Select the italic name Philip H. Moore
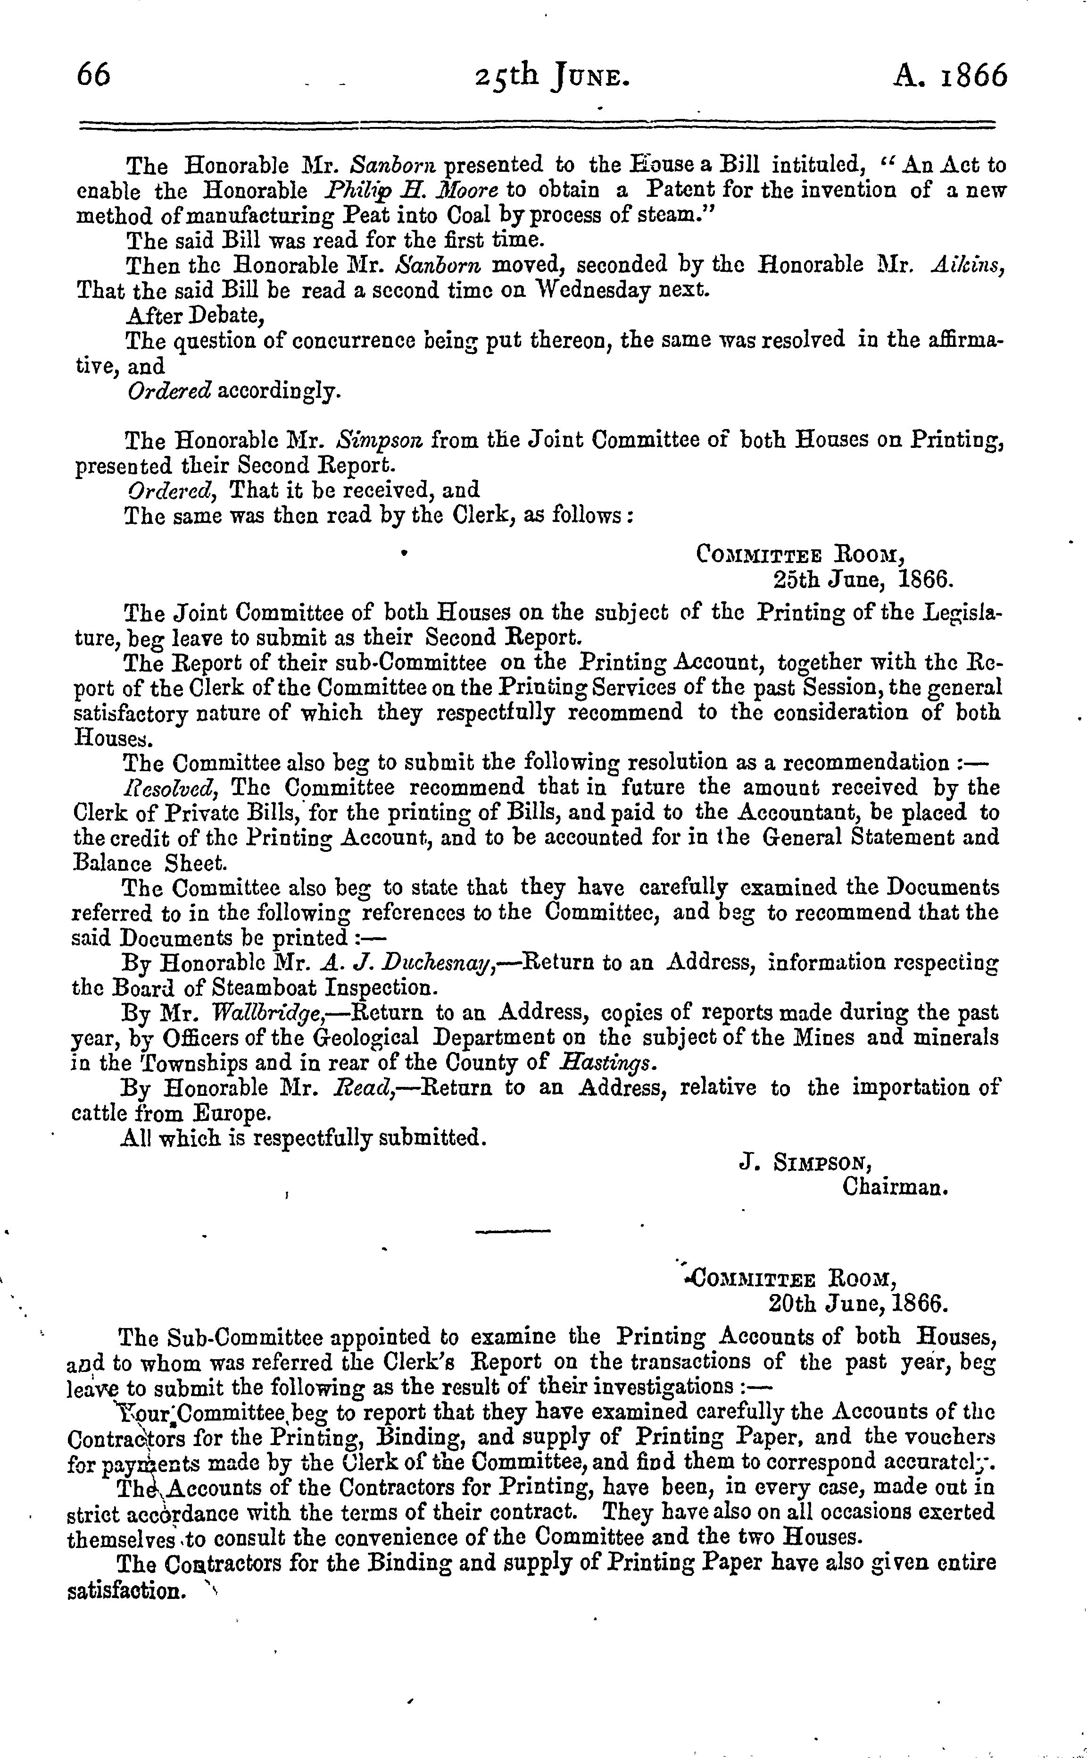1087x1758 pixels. coord(407,191)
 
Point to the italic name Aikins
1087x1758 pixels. coord(966,265)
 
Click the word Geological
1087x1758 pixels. coord(365,1038)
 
